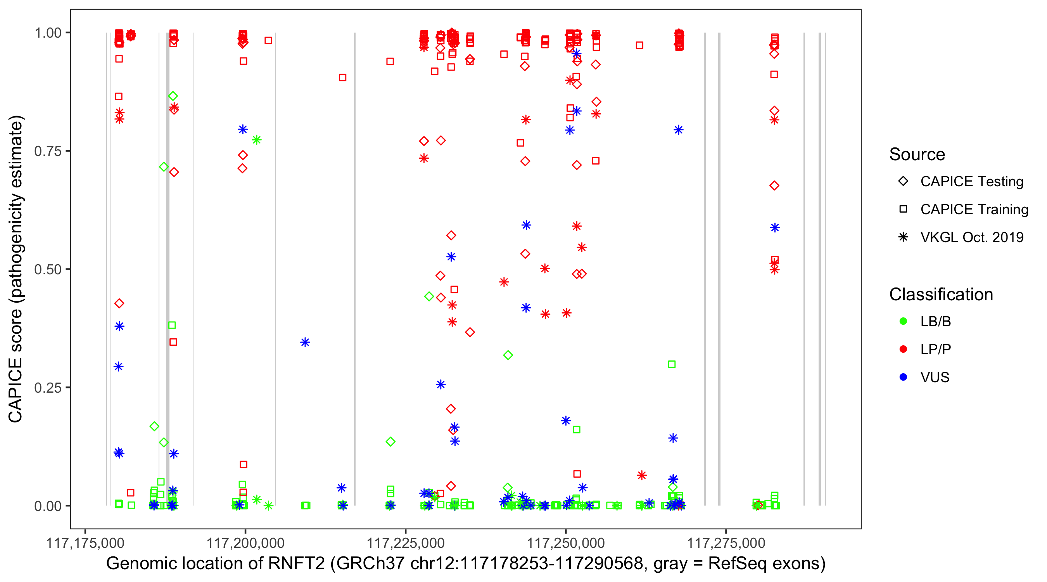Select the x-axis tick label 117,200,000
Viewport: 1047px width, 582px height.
pos(245,543)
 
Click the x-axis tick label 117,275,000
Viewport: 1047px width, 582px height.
pos(726,543)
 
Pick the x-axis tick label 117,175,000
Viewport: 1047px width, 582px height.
pos(85,543)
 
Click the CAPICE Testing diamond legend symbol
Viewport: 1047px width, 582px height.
pos(903,182)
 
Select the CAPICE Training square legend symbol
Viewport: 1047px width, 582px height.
pos(903,210)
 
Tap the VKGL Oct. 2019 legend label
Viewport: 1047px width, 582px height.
pos(972,237)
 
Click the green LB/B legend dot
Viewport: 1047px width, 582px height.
pos(903,322)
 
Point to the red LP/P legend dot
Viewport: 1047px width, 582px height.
pos(903,349)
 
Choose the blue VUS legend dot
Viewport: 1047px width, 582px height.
pos(903,378)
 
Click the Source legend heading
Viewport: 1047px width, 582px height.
pos(917,154)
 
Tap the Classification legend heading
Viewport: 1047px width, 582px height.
pos(941,294)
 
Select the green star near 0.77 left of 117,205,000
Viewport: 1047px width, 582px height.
pos(256,140)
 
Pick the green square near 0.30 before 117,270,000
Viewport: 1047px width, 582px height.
pos(672,364)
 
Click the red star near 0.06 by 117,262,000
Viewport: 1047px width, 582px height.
pos(642,475)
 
